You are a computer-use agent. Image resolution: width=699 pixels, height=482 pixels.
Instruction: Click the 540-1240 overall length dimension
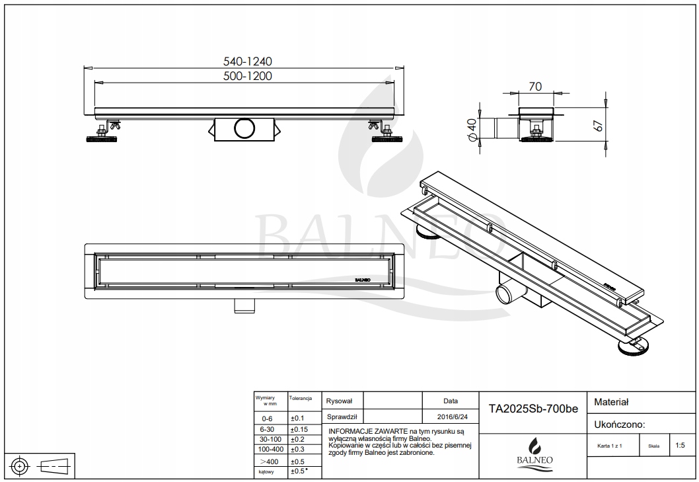248,61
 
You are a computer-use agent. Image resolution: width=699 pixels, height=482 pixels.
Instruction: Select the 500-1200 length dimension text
248,76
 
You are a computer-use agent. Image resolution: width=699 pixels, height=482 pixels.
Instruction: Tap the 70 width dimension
535,86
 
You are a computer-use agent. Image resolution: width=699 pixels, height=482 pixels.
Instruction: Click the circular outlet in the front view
243,127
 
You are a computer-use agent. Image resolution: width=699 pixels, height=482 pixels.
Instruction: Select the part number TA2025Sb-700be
533,409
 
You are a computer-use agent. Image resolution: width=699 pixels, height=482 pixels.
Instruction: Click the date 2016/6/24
451,417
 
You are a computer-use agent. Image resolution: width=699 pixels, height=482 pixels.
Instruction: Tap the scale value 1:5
681,446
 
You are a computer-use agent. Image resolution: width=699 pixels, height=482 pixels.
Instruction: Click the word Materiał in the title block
612,401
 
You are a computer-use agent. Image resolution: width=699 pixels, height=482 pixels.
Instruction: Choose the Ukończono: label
620,424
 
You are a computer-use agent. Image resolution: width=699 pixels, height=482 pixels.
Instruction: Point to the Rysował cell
340,401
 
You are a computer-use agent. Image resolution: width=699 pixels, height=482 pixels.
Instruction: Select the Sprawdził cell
342,417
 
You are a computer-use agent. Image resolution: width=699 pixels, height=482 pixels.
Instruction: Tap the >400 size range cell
269,461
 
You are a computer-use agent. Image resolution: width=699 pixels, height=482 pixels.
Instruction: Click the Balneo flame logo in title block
532,444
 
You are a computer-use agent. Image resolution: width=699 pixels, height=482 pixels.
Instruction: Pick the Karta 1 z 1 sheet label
608,446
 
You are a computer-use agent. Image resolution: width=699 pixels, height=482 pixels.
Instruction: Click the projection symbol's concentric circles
20,465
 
